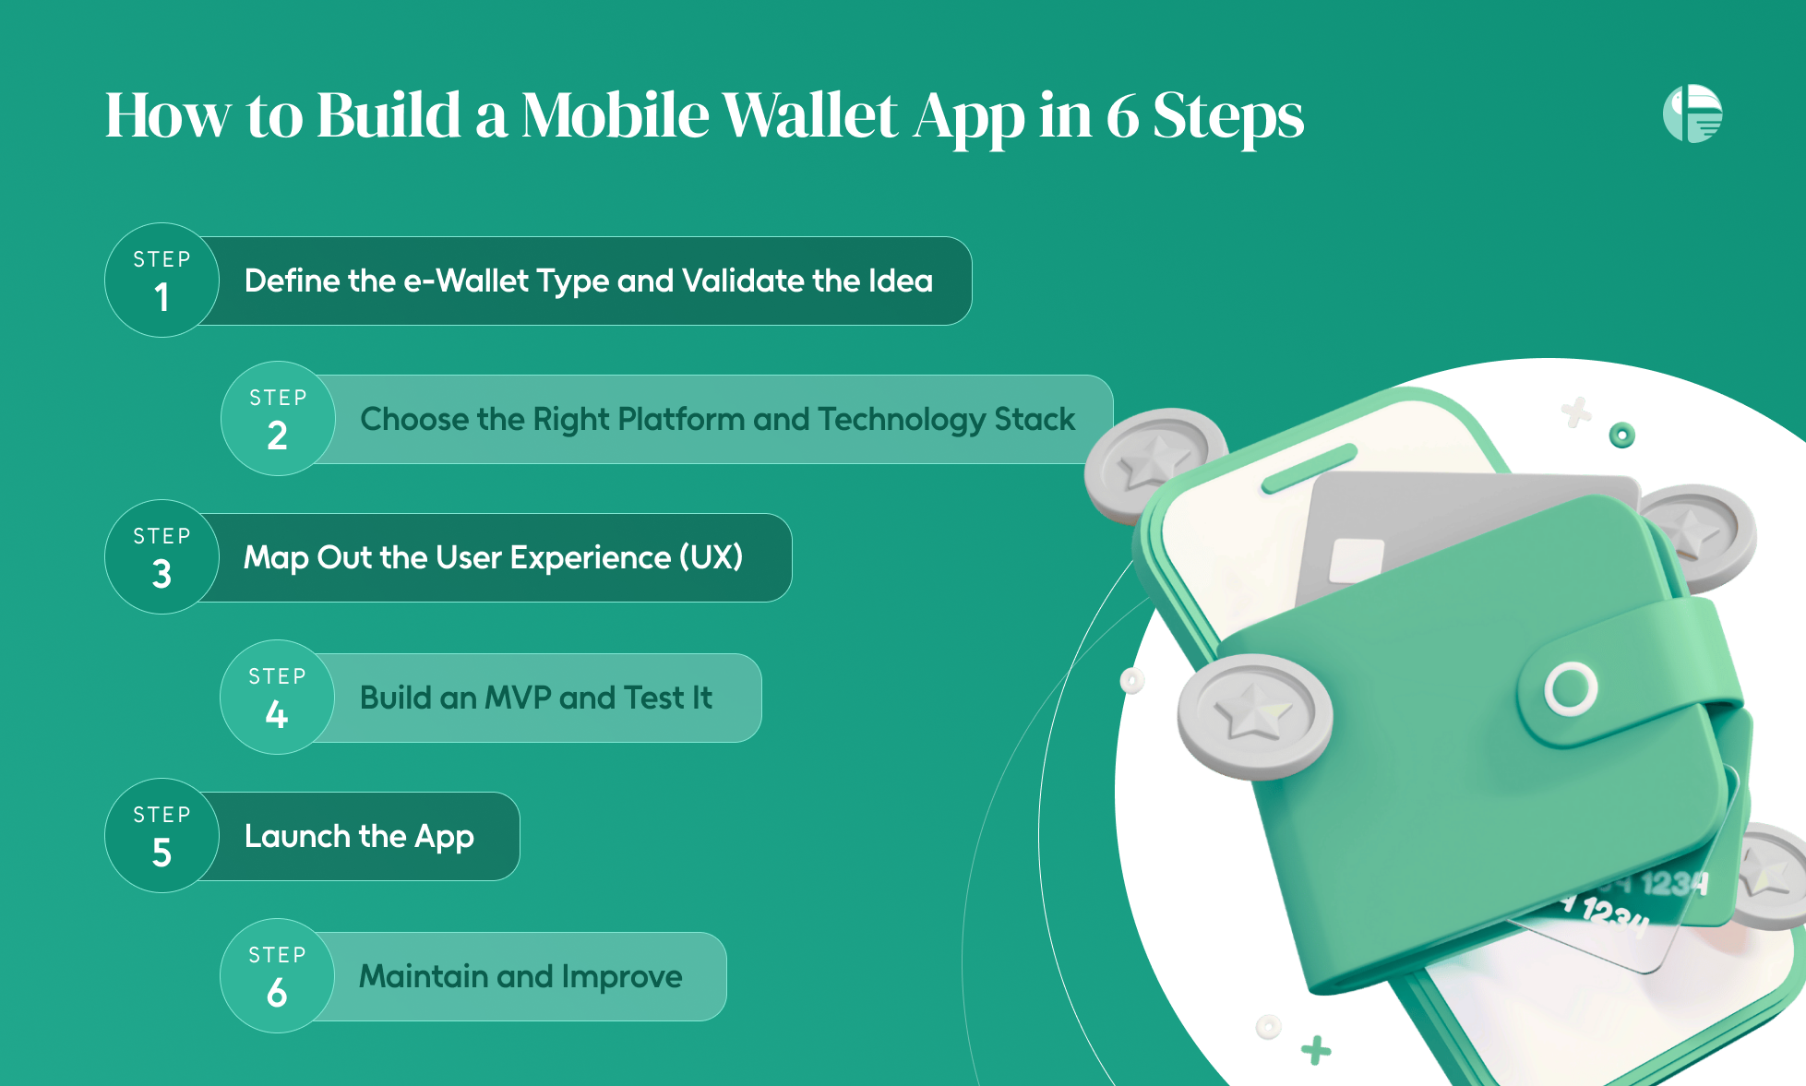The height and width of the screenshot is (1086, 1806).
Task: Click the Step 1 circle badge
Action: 161,280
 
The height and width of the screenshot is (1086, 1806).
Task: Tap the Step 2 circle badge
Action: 278,419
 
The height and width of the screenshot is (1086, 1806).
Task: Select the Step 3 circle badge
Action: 161,557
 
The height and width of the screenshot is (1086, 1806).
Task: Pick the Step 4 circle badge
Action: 277,698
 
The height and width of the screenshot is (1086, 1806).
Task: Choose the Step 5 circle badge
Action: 161,836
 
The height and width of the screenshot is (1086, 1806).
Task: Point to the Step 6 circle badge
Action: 277,976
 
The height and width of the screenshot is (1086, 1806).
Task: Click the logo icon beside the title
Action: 1692,113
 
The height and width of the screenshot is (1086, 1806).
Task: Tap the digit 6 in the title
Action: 1122,116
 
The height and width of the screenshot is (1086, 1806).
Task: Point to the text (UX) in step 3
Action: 711,557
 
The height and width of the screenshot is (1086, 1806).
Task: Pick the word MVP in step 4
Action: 517,698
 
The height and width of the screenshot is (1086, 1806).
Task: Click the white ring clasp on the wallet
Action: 1571,688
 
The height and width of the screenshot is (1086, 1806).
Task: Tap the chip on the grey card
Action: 1356,560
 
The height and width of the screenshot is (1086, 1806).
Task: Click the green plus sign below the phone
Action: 1316,1050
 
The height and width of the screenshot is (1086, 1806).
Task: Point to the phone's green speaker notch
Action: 1310,469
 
